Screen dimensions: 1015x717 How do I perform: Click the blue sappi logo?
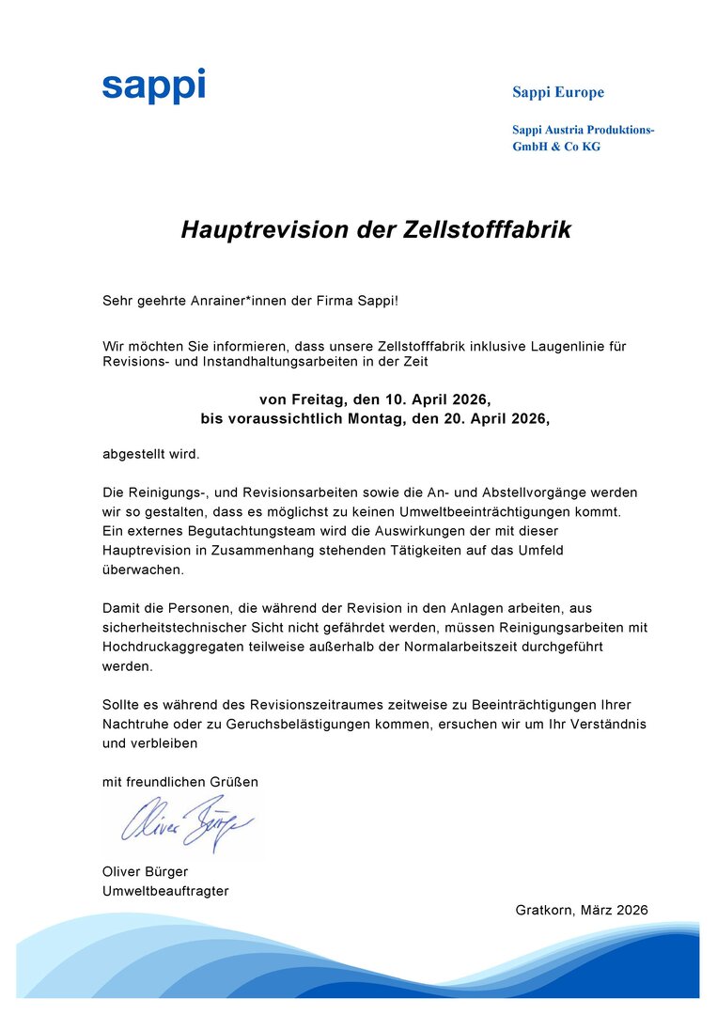pyautogui.click(x=153, y=86)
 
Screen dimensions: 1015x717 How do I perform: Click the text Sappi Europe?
pyautogui.click(x=557, y=92)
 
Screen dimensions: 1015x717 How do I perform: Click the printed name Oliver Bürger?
pyautogui.click(x=145, y=871)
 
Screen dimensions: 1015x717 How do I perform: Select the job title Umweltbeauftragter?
pyautogui.click(x=165, y=891)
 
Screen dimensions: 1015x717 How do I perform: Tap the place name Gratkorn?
pyautogui.click(x=544, y=910)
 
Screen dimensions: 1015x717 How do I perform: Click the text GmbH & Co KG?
pyautogui.click(x=555, y=147)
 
